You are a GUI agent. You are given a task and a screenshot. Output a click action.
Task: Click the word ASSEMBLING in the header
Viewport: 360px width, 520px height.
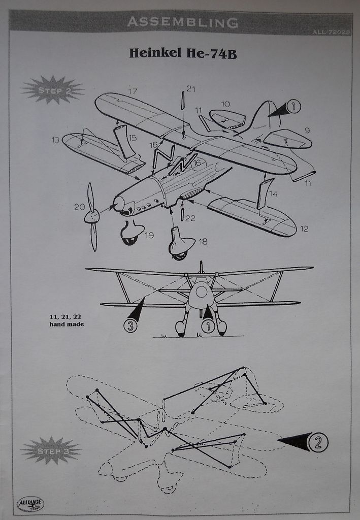[x=182, y=22]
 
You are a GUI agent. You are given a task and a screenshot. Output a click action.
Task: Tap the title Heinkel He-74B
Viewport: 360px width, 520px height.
[x=183, y=53]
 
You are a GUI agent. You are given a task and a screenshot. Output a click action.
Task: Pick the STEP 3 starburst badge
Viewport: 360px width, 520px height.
[x=51, y=450]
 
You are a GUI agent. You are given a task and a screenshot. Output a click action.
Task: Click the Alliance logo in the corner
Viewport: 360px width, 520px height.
[x=30, y=503]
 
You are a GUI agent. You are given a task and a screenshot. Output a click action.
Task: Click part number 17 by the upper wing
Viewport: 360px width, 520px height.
[x=133, y=91]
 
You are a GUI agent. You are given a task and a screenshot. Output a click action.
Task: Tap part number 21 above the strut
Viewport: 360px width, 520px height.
[x=190, y=89]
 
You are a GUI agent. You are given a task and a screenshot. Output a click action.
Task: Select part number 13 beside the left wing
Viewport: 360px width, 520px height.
[x=55, y=140]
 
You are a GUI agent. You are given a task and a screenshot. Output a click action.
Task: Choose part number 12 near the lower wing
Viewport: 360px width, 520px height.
[x=304, y=229]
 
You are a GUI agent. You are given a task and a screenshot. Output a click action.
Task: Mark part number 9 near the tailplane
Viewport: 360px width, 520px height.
[x=307, y=131]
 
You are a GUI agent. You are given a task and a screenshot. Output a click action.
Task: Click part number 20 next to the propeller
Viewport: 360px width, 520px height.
[x=79, y=207]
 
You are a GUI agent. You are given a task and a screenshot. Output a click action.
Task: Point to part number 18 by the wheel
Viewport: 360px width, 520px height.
[x=203, y=242]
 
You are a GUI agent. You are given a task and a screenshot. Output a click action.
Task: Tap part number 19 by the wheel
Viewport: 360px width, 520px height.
[x=149, y=235]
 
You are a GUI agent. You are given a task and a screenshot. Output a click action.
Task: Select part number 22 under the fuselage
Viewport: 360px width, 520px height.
[x=190, y=218]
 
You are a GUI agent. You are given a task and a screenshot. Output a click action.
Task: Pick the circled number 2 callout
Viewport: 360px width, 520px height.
[x=318, y=442]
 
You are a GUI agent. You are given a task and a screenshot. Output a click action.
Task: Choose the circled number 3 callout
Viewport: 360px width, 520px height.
[x=130, y=326]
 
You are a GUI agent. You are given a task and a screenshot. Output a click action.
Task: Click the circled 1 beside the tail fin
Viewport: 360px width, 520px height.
[x=293, y=106]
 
